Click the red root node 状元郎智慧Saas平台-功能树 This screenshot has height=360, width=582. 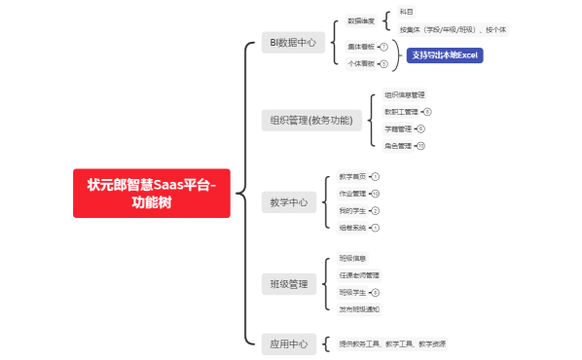click(151, 193)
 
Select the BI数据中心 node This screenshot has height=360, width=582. click(293, 43)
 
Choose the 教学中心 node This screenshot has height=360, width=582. click(288, 202)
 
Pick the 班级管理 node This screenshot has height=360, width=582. click(288, 284)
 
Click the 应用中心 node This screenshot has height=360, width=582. click(288, 343)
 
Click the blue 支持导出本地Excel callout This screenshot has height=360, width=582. click(445, 55)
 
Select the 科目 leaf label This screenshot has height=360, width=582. click(406, 12)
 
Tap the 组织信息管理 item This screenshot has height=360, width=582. click(404, 95)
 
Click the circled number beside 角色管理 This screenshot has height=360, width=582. click(421, 145)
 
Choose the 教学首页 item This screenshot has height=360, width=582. click(352, 177)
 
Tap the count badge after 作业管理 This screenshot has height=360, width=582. click(376, 194)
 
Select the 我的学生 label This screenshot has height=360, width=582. click(352, 210)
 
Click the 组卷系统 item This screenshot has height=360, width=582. click(352, 227)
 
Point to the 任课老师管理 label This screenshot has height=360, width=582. click(359, 275)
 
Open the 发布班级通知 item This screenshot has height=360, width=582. click(359, 308)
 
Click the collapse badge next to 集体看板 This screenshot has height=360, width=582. click(383, 47)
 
